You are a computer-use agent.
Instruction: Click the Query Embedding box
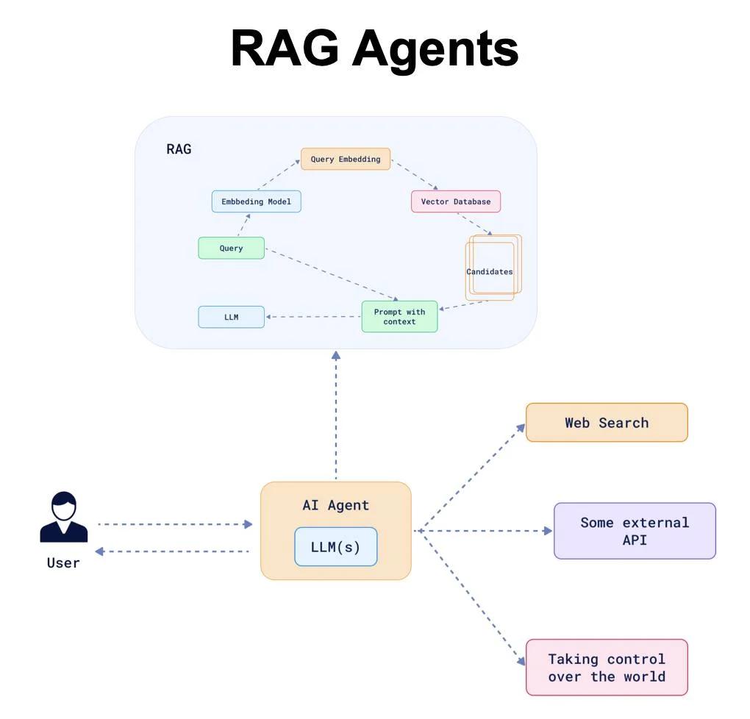345,160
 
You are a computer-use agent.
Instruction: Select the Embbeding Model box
256,201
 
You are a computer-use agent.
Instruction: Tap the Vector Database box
455,201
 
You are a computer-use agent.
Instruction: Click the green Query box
231,248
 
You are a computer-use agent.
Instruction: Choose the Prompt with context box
399,317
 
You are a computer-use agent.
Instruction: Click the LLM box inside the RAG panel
231,317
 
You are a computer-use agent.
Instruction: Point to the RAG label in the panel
179,149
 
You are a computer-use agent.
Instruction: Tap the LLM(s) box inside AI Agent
335,547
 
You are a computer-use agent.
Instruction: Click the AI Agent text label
335,506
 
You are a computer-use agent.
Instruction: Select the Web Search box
607,423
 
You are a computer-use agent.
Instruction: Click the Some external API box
634,531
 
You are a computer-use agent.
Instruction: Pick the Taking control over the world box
607,668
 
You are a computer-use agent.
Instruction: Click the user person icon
63,518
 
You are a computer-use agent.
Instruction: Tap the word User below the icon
63,563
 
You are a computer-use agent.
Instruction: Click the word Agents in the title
435,49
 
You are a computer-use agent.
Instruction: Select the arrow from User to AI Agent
175,524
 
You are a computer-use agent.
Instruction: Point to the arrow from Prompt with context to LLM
313,317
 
